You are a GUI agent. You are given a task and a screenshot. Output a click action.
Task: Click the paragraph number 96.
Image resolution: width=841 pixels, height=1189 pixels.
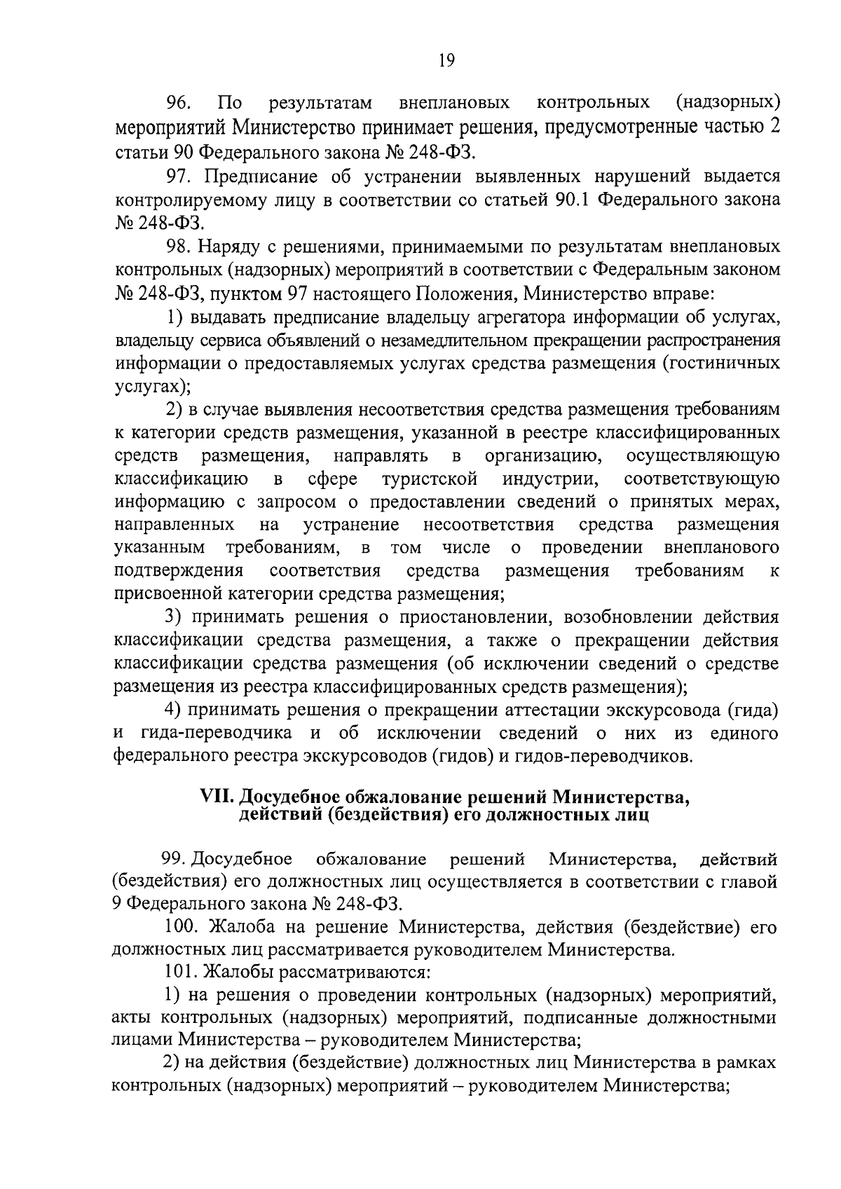[x=175, y=104]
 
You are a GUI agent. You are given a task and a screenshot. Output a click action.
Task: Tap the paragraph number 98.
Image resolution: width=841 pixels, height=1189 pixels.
[x=177, y=247]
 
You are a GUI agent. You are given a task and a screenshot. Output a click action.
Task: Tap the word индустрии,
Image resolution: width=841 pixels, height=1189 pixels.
[x=550, y=479]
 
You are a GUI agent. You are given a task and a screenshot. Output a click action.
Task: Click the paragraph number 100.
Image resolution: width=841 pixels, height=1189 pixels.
[x=181, y=928]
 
